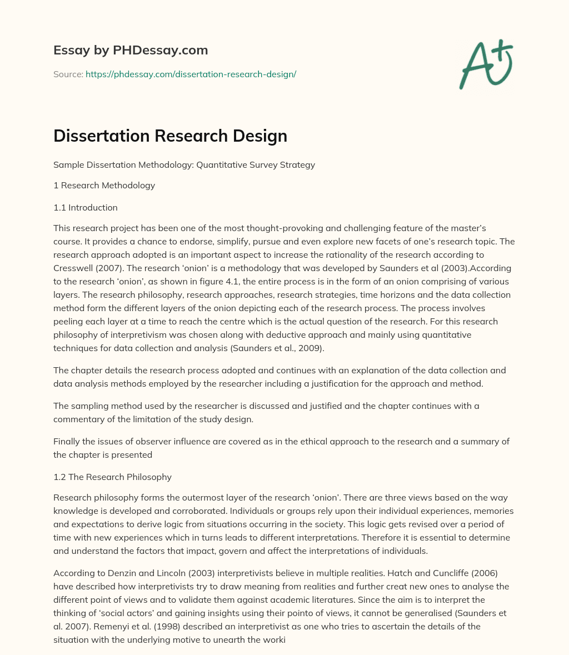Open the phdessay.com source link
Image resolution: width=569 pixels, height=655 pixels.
[x=191, y=74]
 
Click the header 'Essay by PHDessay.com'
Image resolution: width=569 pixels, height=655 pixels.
[x=131, y=50]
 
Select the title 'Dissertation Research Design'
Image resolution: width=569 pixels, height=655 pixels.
[x=170, y=136]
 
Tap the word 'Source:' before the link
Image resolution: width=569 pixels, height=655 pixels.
[x=68, y=74]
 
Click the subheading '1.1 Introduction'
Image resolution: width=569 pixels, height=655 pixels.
[x=86, y=208]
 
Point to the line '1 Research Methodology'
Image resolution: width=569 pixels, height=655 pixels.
[x=104, y=186]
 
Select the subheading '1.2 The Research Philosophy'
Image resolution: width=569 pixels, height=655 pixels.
[x=112, y=477]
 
